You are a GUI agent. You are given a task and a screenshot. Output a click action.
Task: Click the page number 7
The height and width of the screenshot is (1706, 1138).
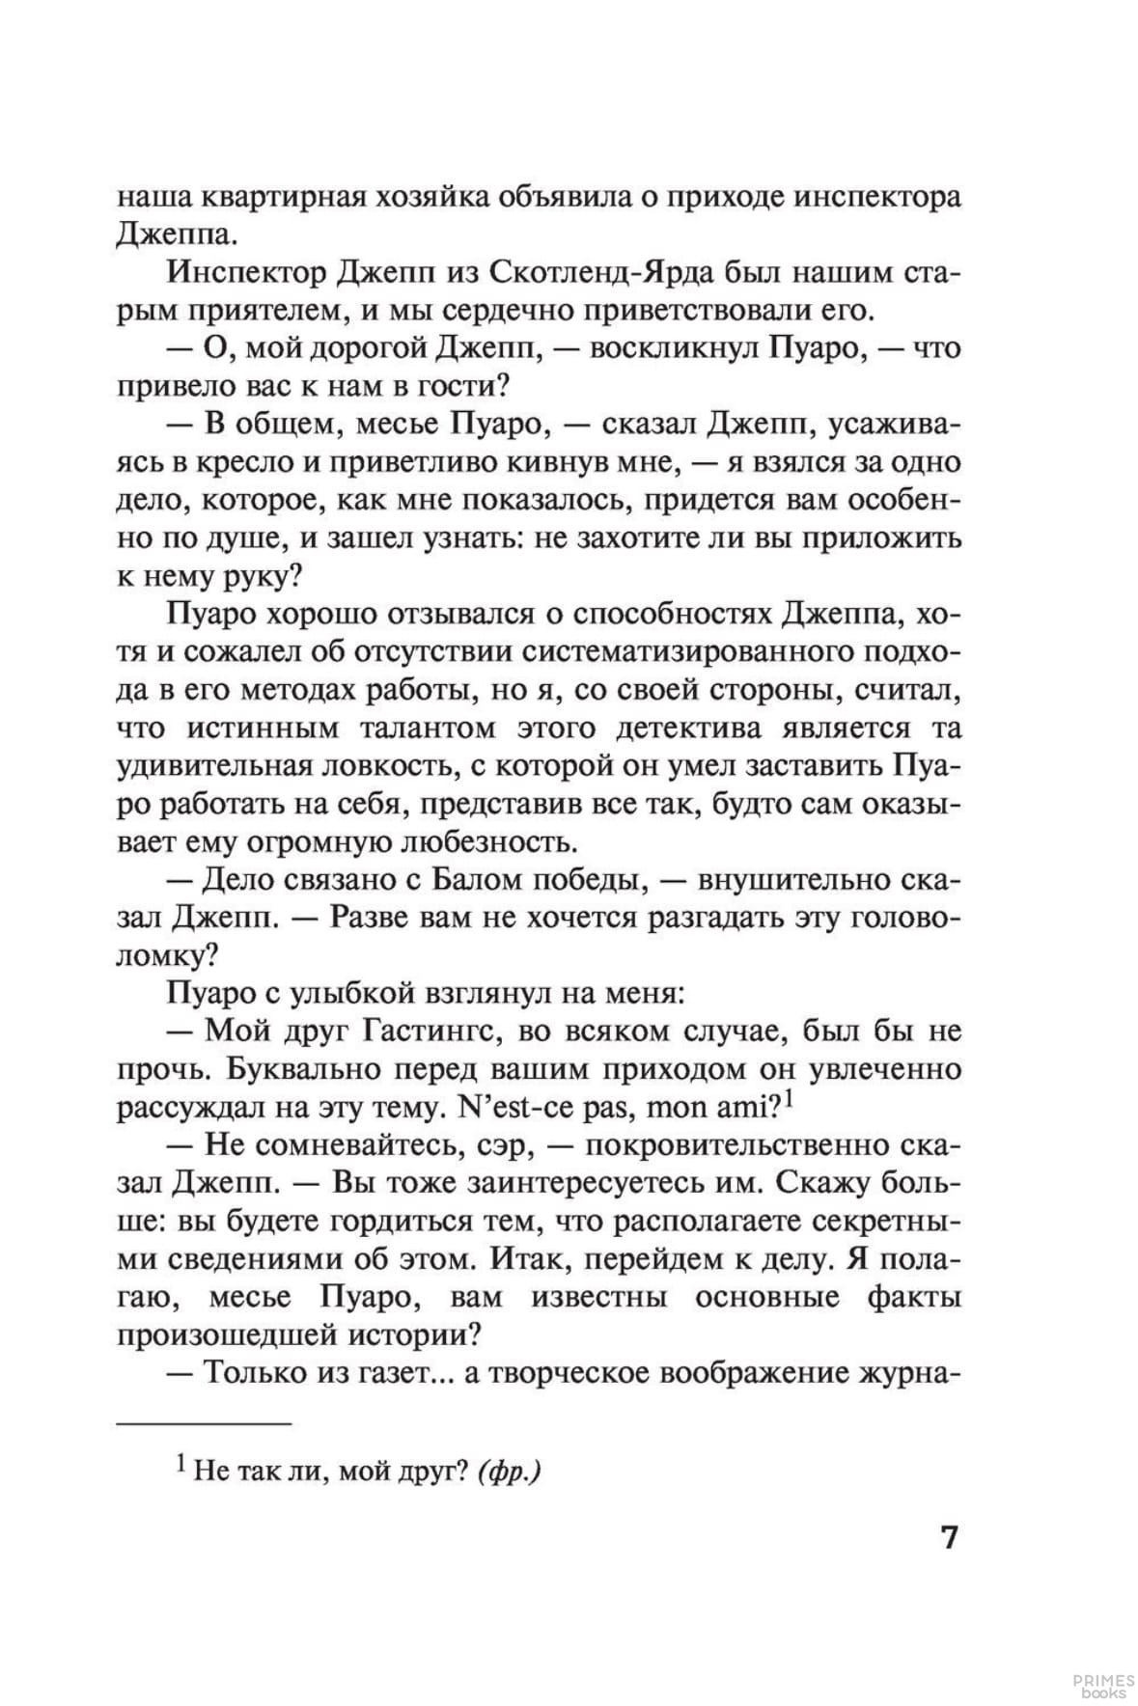tap(950, 1536)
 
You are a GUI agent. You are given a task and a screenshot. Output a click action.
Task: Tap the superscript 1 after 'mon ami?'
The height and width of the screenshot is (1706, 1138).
tap(789, 1098)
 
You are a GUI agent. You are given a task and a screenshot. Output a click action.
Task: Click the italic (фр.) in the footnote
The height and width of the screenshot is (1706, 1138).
tap(509, 1472)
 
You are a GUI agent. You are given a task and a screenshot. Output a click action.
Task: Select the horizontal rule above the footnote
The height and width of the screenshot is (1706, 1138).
tap(204, 1422)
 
